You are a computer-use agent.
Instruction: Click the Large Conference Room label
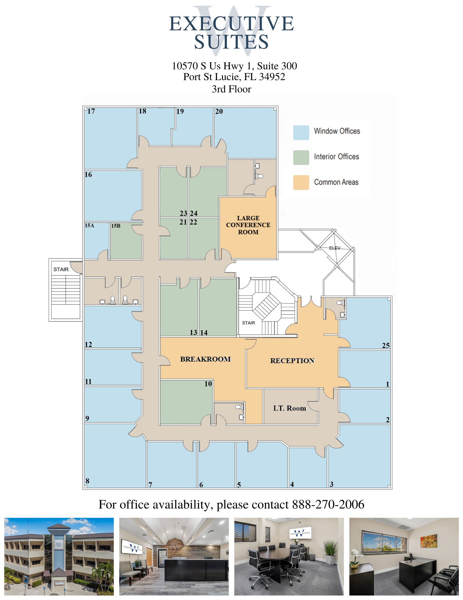click(248, 225)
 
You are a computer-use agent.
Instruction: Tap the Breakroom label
click(205, 359)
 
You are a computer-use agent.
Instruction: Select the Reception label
click(292, 361)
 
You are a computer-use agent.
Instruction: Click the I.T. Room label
click(289, 408)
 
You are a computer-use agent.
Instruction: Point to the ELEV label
click(335, 248)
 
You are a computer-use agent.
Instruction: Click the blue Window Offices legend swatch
click(301, 133)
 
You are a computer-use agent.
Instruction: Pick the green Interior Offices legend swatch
click(301, 157)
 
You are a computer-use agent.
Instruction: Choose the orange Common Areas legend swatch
click(301, 182)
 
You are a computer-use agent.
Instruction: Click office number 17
click(91, 111)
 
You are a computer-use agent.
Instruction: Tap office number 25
click(386, 346)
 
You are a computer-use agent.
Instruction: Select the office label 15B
click(116, 226)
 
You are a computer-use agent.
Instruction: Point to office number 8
click(87, 481)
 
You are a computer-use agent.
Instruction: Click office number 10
click(208, 384)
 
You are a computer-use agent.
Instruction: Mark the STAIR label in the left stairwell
click(61, 269)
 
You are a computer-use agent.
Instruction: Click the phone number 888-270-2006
click(328, 505)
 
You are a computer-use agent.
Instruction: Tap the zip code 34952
click(272, 77)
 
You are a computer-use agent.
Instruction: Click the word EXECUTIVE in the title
click(231, 24)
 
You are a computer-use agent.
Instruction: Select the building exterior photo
click(59, 556)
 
